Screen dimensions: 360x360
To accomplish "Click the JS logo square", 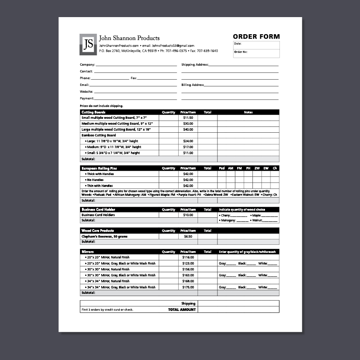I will pyautogui.click(x=89, y=44).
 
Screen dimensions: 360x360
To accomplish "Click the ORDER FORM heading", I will pyautogui.click(x=256, y=36).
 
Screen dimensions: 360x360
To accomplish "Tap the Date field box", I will pyautogui.click(x=256, y=45).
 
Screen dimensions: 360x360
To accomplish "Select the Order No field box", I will pyautogui.click(x=256, y=54).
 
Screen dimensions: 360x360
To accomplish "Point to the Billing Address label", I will pyautogui.click(x=193, y=85).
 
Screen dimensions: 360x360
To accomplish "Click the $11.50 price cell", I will pyautogui.click(x=188, y=117).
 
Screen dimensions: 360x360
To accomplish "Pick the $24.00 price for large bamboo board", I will pyautogui.click(x=188, y=141).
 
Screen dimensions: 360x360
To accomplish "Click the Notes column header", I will pyautogui.click(x=248, y=112).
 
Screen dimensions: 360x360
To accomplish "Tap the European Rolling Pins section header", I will pyautogui.click(x=99, y=168).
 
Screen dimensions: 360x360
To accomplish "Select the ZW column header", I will pyautogui.click(x=257, y=168).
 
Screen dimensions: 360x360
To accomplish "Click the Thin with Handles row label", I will pyautogui.click(x=99, y=185).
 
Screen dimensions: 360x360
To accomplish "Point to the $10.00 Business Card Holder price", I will pyautogui.click(x=188, y=215).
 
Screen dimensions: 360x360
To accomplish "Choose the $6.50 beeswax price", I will pyautogui.click(x=188, y=236).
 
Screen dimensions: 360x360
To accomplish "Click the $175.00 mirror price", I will pyautogui.click(x=188, y=287).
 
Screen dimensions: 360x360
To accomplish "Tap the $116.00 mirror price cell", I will pyautogui.click(x=188, y=257).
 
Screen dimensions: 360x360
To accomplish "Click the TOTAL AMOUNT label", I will pyautogui.click(x=182, y=310).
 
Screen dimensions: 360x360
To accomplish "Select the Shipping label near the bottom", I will pyautogui.click(x=188, y=303).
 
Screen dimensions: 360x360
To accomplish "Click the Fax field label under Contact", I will pyautogui.click(x=134, y=78).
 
